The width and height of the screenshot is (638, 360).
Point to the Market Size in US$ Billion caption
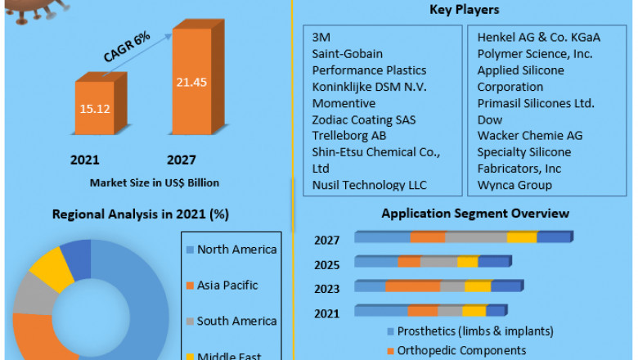pos(155,182)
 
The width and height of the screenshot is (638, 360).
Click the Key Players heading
pos(465,10)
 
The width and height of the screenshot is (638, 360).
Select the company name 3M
pos(321,38)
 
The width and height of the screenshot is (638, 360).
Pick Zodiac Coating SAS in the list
pos(364,119)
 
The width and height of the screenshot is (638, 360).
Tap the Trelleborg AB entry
pos(350,136)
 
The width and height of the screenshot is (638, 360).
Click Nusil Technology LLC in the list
pos(370,185)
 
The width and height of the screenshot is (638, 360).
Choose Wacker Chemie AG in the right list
pos(529,136)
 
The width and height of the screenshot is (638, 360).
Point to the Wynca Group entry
pos(514,185)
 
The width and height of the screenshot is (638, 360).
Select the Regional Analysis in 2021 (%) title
pos(141,214)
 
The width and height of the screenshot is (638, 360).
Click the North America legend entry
pos(237,250)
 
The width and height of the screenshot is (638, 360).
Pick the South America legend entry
pos(236,321)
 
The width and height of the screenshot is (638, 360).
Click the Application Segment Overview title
pos(475,214)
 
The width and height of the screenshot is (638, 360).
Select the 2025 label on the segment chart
pos(328,264)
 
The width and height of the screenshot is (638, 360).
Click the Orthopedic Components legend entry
pos(461,350)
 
